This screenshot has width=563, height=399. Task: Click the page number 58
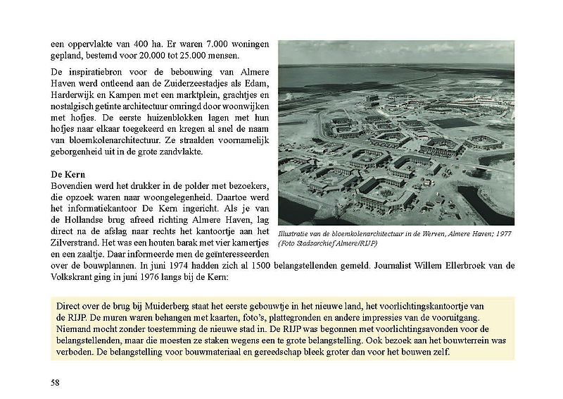(x=55, y=382)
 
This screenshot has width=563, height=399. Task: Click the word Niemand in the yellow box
(x=75, y=329)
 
